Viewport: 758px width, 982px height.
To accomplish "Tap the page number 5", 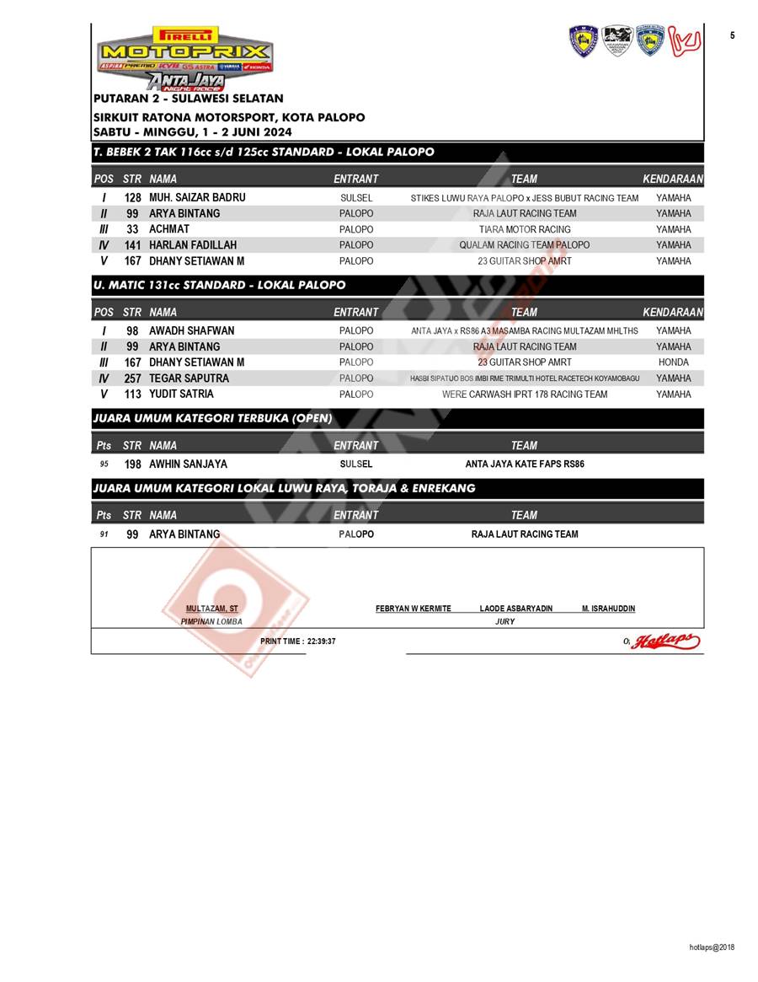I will point(732,35).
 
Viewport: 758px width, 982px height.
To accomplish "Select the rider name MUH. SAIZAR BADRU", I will point(197,197).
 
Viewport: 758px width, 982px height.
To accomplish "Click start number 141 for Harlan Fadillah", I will point(132,245).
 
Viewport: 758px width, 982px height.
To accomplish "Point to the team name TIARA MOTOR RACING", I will point(524,229).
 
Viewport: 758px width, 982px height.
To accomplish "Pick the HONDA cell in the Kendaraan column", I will point(673,362).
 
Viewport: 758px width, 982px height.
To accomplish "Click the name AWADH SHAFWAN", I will point(191,330).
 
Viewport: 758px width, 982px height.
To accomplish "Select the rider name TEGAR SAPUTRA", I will point(189,378).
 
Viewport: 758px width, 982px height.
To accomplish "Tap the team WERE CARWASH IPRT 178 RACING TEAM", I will point(524,394).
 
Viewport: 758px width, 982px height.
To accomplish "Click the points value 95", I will point(104,464).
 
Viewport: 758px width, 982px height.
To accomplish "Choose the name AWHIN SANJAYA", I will point(188,464).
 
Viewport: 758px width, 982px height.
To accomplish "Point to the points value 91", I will point(104,534).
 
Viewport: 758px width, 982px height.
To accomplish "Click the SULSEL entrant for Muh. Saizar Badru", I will point(356,198).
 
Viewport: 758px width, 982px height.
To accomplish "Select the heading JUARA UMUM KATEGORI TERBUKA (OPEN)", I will point(212,418).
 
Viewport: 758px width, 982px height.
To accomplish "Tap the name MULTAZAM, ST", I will point(211,609).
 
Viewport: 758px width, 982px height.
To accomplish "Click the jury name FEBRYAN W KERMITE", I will point(413,609).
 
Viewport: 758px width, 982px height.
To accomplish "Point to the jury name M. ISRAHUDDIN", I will point(608,609).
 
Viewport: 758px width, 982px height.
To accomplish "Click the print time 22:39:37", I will point(298,641).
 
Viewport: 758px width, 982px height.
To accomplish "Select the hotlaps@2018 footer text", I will point(712,947).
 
